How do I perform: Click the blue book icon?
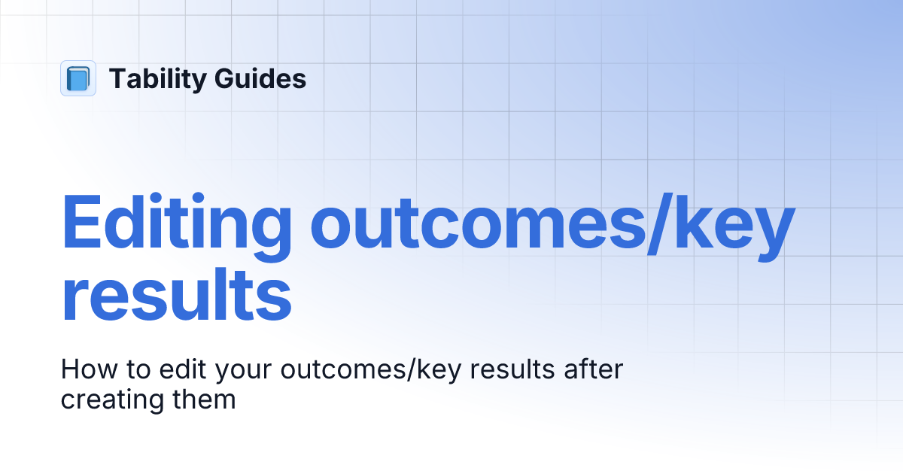coord(78,78)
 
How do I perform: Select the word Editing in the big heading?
coord(175,223)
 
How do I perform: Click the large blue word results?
coord(175,298)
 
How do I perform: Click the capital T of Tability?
coord(117,79)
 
